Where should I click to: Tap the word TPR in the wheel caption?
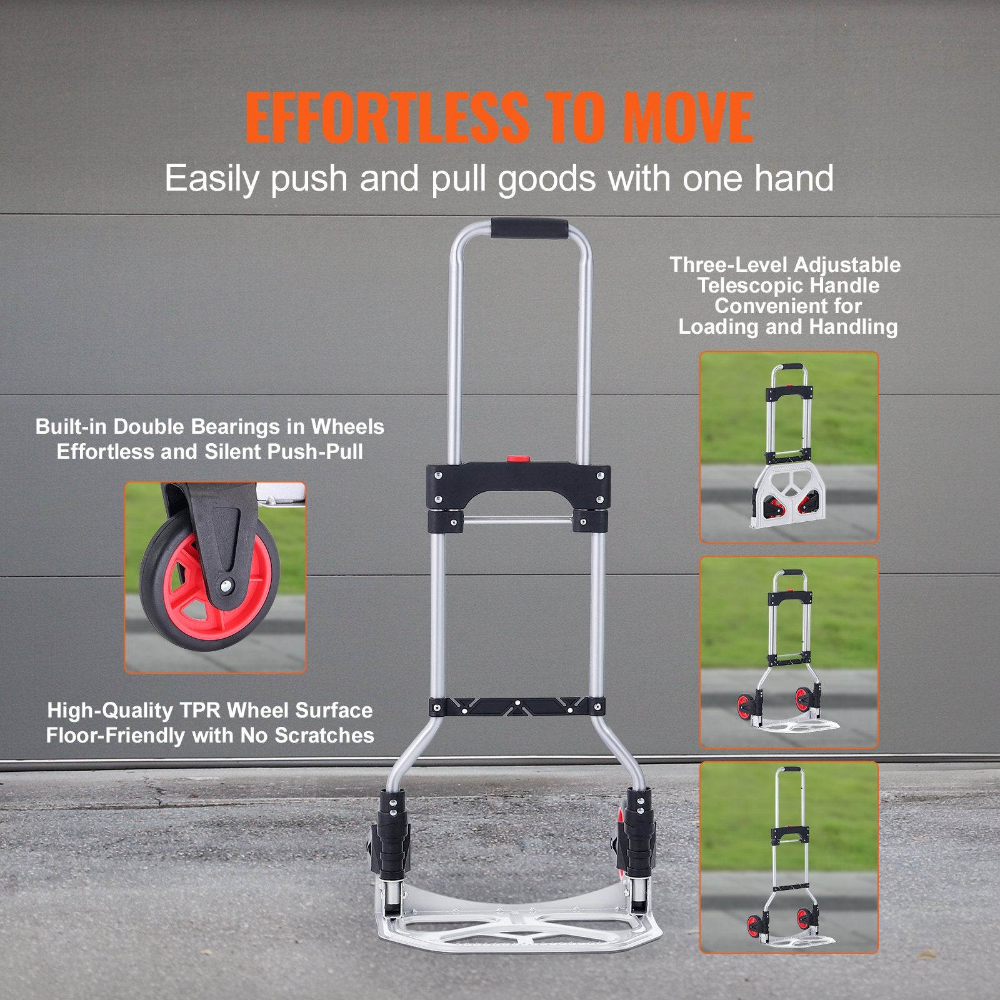[x=201, y=711]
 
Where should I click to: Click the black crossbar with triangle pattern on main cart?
[x=517, y=707]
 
